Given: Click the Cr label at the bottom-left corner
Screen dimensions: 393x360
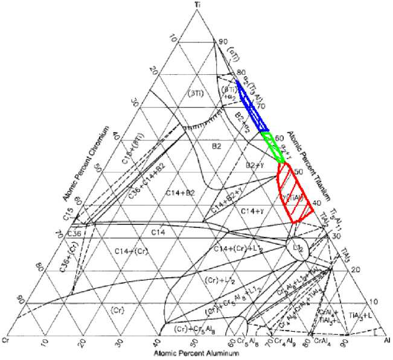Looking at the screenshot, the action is (x=5, y=341).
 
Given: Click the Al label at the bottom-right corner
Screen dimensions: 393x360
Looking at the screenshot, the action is (x=387, y=341).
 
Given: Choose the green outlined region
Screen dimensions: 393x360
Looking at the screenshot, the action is (x=271, y=145).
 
